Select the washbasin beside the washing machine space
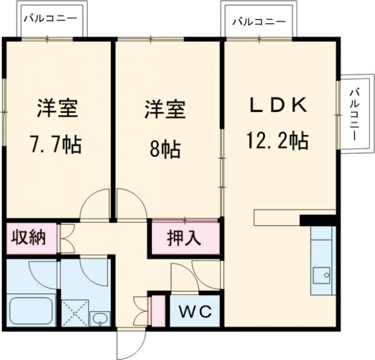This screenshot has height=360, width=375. (x=99, y=319)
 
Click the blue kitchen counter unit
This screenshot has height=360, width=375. (x=323, y=259)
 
